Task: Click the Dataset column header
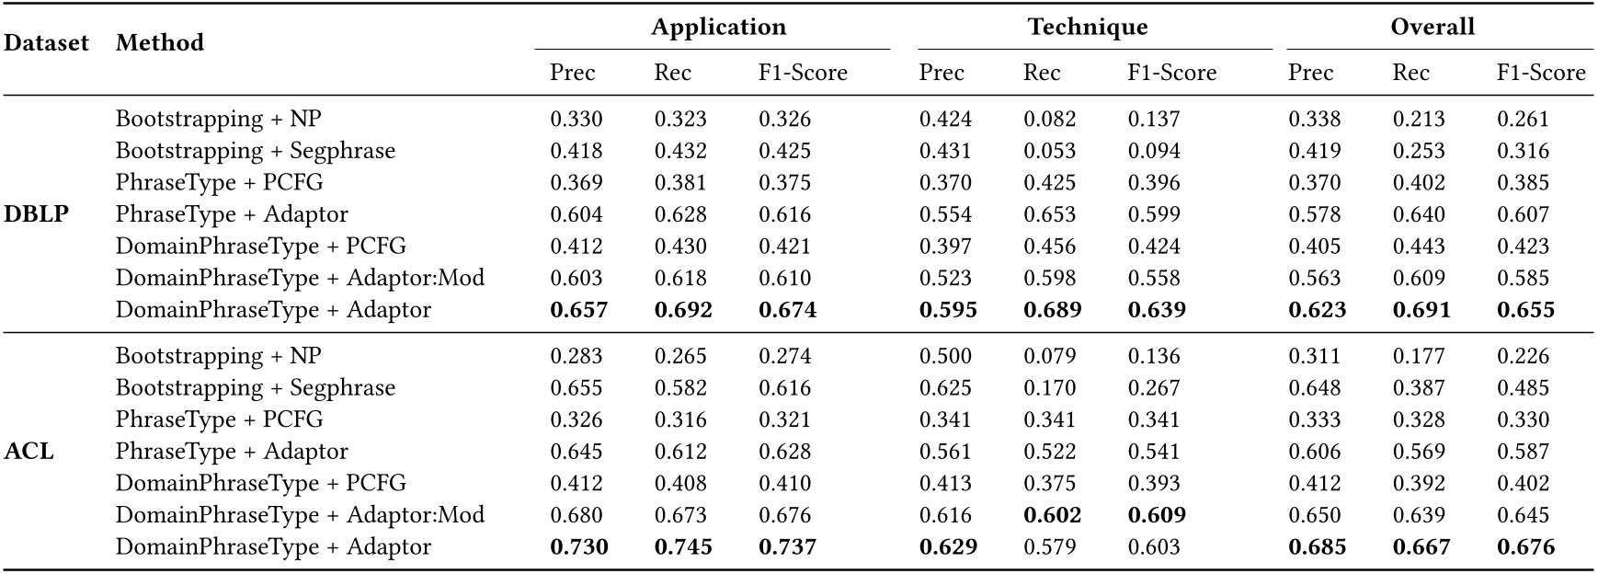point(46,43)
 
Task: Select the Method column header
point(160,43)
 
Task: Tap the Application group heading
point(718,28)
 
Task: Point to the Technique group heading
point(1088,28)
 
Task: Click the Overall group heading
point(1432,28)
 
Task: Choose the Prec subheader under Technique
point(942,73)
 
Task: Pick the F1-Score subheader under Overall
point(1541,73)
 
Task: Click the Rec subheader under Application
point(672,73)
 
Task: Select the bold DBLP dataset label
point(37,214)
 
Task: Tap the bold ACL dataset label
point(29,452)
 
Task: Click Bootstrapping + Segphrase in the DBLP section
point(256,151)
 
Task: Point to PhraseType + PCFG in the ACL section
point(220,419)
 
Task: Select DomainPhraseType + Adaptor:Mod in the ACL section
point(300,515)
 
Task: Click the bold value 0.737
point(787,546)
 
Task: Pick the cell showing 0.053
point(1049,151)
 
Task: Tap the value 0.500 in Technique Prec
point(945,356)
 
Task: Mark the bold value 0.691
point(1421,310)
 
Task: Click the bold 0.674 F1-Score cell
point(787,310)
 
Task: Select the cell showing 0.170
point(1049,388)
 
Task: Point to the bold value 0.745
point(683,546)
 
